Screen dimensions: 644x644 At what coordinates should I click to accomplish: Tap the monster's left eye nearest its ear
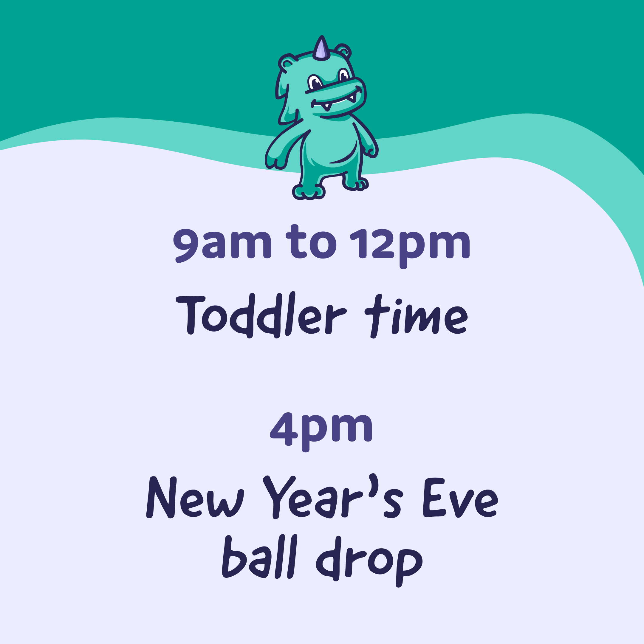[314, 82]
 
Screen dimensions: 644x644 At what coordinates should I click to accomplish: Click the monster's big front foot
[308, 192]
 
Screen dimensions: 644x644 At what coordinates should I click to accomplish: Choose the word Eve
[460, 498]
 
